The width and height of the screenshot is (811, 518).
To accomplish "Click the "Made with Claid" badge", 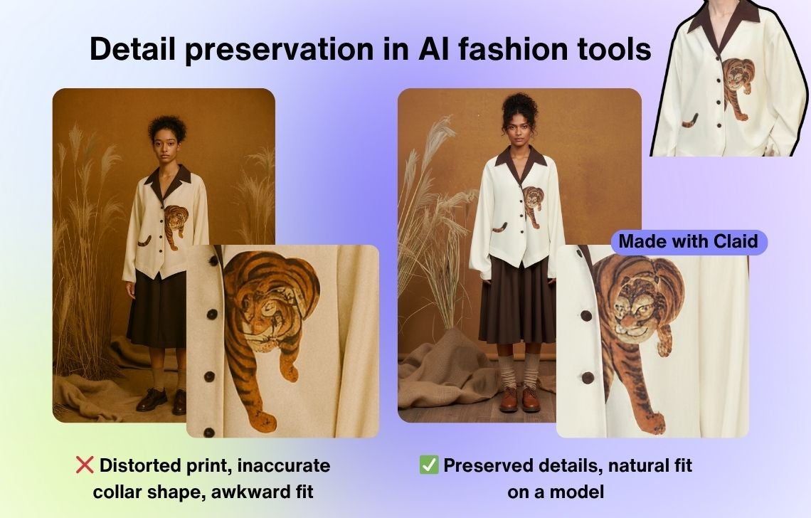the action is [x=689, y=242].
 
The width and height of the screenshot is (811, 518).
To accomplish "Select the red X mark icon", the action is [x=85, y=465].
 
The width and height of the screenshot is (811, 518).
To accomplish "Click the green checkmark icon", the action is [x=429, y=465].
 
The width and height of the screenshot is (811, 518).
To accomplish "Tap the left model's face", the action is [x=166, y=147].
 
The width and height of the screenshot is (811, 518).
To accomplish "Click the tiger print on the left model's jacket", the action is [x=176, y=225].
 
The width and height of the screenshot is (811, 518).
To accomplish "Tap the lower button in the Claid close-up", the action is [x=588, y=378].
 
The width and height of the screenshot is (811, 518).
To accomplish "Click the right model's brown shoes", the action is [x=519, y=399].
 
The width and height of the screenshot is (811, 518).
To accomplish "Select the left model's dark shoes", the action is [x=161, y=400].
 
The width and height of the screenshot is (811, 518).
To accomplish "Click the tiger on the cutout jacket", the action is [x=737, y=88].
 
